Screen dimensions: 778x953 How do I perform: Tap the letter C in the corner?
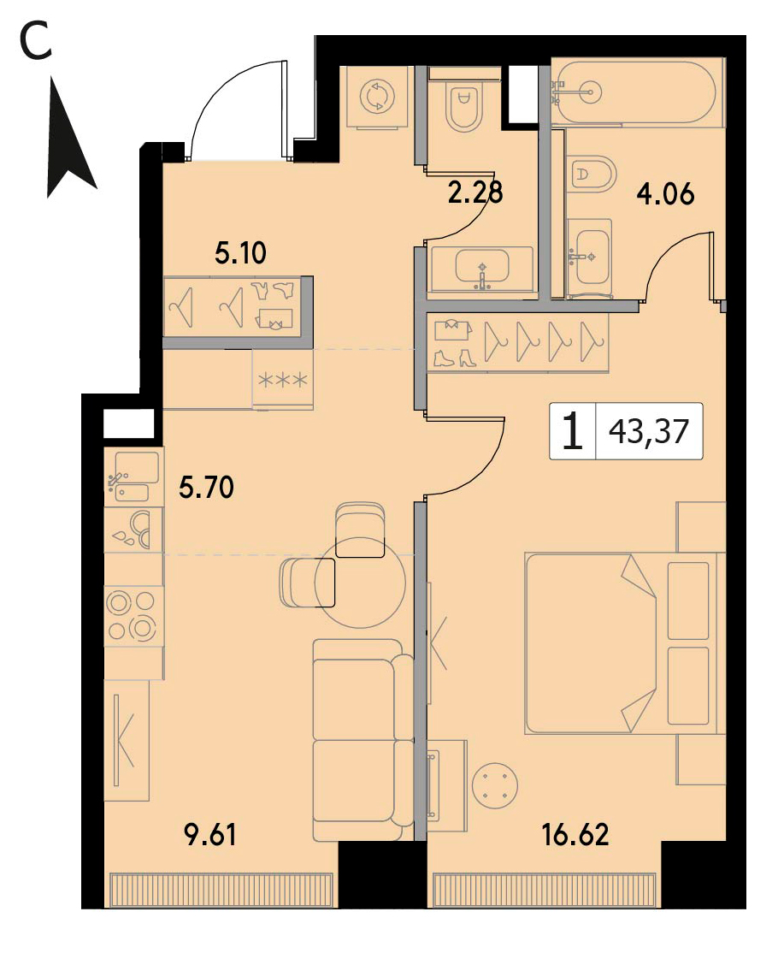click(x=35, y=42)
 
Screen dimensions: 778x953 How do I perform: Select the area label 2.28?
click(x=475, y=192)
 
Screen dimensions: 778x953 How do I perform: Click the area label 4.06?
click(x=665, y=194)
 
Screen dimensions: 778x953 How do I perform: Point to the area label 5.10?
click(x=240, y=253)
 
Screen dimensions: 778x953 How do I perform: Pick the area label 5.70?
click(x=206, y=488)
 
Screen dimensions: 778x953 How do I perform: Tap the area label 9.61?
click(x=210, y=834)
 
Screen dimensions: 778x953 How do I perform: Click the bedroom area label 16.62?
click(x=575, y=834)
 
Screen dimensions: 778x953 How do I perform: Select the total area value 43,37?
click(x=649, y=431)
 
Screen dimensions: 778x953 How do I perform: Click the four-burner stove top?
click(x=133, y=616)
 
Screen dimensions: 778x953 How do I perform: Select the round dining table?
click(x=360, y=583)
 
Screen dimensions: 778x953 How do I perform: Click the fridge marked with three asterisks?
click(x=283, y=379)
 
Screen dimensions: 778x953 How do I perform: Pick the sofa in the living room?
click(x=363, y=740)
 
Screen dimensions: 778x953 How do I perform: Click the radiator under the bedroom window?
click(x=545, y=891)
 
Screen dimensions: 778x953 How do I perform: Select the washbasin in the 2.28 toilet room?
click(x=481, y=268)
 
